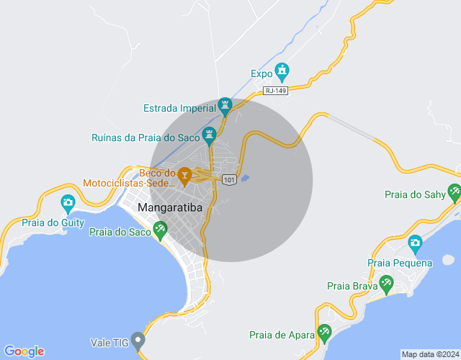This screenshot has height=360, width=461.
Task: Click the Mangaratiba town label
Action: point(170,208)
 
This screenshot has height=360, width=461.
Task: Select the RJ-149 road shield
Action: point(276,91)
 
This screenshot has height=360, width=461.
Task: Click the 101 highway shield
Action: point(229,179)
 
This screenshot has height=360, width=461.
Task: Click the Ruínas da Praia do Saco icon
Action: point(210,134)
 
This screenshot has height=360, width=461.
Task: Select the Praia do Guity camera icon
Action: point(68,202)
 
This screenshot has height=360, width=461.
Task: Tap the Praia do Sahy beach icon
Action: point(455,192)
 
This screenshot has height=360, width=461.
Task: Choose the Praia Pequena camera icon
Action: point(414,244)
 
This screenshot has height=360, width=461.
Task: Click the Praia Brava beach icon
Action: point(386,284)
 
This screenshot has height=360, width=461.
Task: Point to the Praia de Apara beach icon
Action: point(325,332)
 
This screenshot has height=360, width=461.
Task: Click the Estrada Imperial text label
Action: point(180,109)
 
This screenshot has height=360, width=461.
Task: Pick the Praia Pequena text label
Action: point(400,263)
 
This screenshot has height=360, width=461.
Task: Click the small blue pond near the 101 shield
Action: point(245,178)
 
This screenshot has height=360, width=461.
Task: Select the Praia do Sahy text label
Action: point(415,194)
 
